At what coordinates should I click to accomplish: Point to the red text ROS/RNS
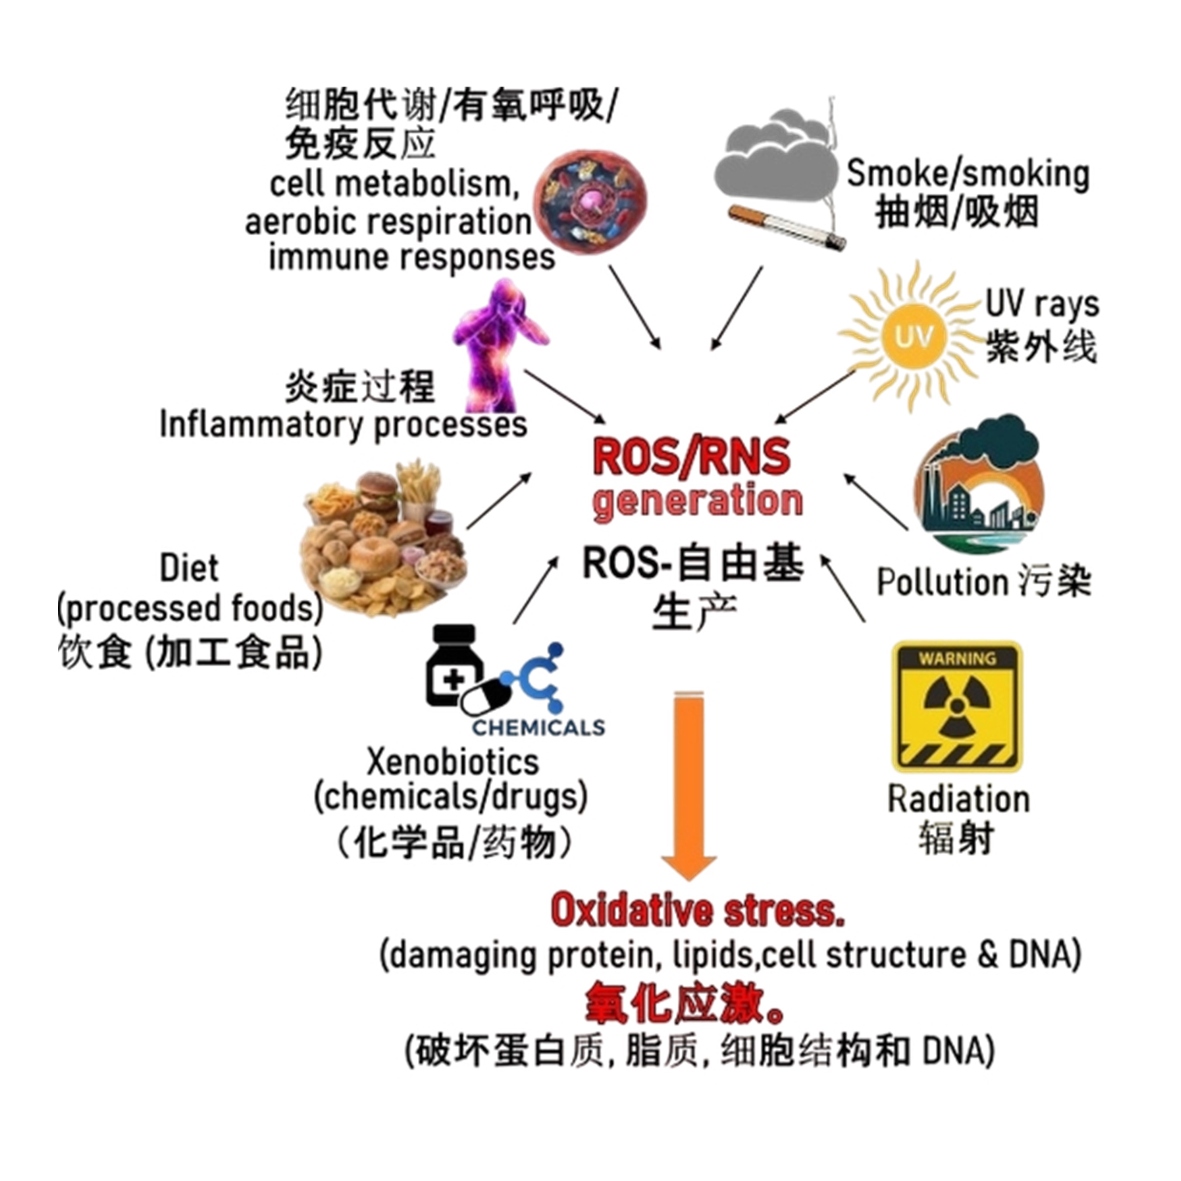691,456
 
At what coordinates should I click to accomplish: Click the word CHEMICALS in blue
538,727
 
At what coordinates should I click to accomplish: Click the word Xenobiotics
452,762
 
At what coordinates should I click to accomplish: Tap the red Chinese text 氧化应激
685,1006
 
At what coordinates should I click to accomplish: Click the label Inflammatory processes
343,424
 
